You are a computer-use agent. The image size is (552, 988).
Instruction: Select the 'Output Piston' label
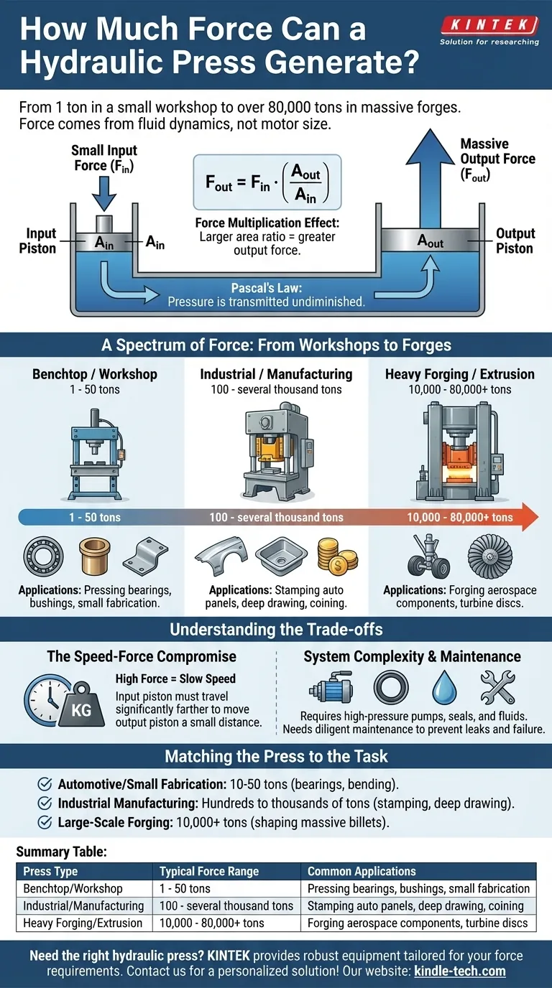tap(515, 241)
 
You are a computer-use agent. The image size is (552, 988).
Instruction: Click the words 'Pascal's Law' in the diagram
tap(265, 288)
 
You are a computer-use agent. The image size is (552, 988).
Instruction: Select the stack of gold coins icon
tap(337, 556)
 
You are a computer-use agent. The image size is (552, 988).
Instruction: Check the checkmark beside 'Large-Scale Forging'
tap(44, 822)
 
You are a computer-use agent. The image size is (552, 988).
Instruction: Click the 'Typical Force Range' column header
tap(208, 872)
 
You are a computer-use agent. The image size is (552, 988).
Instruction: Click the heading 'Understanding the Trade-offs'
tap(276, 630)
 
